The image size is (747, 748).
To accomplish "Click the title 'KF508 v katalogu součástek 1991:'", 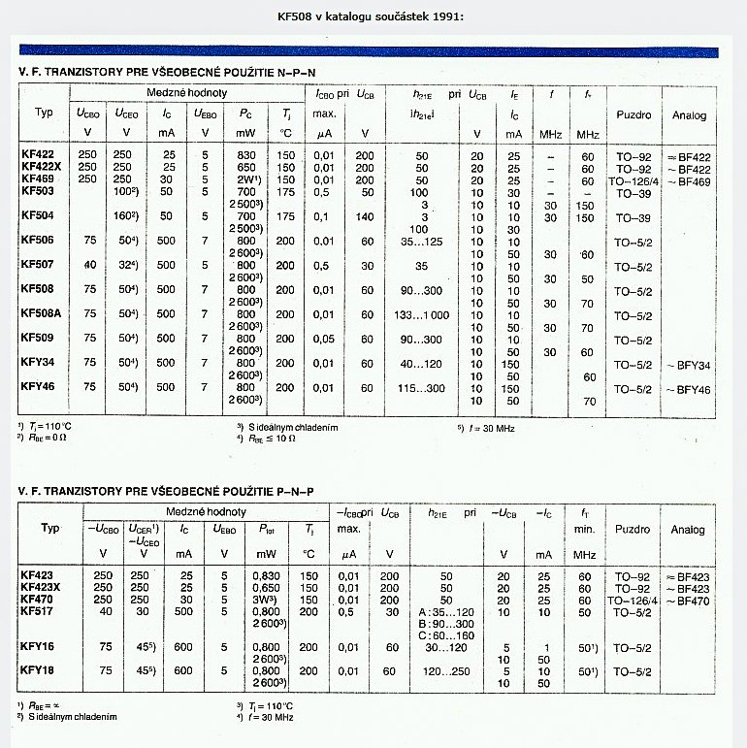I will pyautogui.click(x=372, y=16).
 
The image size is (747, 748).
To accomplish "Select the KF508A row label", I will pyautogui.click(x=41, y=313).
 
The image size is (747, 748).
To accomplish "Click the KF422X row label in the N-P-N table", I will pyautogui.click(x=41, y=167).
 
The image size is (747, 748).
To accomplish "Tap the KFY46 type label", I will pyautogui.click(x=38, y=388).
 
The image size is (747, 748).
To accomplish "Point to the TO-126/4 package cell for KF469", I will pyautogui.click(x=634, y=181).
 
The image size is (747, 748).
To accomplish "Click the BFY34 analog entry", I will pyautogui.click(x=693, y=364).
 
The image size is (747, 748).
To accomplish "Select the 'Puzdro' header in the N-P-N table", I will pyautogui.click(x=633, y=114).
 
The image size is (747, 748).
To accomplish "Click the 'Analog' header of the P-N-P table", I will pyautogui.click(x=688, y=530).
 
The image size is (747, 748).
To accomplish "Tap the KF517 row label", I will pyautogui.click(x=37, y=613).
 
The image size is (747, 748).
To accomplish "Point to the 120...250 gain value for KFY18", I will pyautogui.click(x=447, y=670).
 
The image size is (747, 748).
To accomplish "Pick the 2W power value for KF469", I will pyautogui.click(x=244, y=179).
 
